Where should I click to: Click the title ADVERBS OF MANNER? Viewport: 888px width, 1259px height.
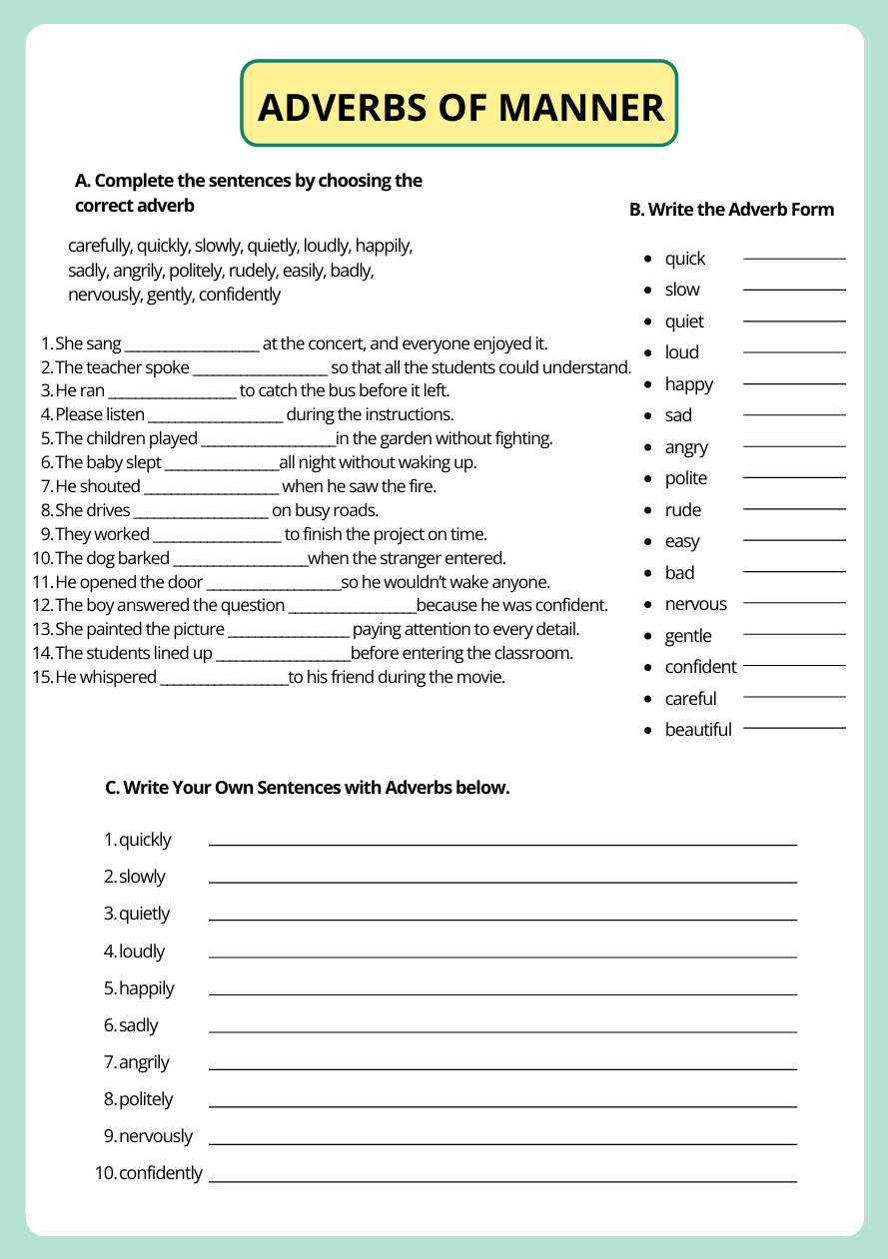(x=459, y=107)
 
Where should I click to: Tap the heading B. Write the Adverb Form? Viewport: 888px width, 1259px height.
(x=731, y=210)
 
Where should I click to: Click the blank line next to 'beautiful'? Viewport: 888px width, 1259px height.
(x=794, y=729)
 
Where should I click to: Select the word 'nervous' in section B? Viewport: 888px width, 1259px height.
(x=695, y=604)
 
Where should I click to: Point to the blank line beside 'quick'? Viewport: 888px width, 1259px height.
(x=794, y=259)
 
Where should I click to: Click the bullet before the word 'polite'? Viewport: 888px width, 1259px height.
(x=648, y=479)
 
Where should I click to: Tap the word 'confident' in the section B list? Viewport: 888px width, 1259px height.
(x=700, y=667)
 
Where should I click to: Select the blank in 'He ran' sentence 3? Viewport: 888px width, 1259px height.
(x=172, y=392)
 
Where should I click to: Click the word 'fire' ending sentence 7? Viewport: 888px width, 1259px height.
(x=424, y=486)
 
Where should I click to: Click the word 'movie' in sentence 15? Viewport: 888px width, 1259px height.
(x=482, y=677)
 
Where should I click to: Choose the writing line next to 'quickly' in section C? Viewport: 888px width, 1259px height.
(x=502, y=845)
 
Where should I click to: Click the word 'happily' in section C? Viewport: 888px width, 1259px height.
(x=146, y=988)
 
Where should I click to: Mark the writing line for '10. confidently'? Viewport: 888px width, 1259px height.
(x=502, y=1181)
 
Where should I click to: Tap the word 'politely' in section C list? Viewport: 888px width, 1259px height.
(x=146, y=1099)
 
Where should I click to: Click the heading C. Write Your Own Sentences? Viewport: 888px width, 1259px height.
(x=308, y=788)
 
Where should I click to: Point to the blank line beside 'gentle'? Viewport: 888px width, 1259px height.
(x=794, y=635)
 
